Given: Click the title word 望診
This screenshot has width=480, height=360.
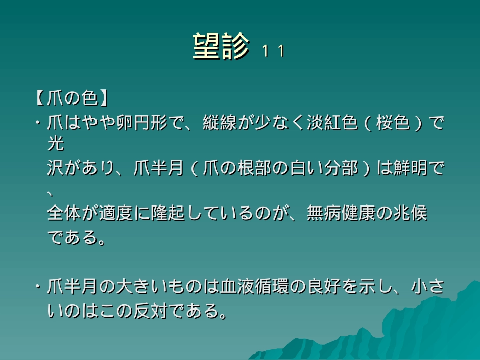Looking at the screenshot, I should click(221, 47).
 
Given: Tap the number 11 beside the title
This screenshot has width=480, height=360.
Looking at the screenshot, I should click(273, 52).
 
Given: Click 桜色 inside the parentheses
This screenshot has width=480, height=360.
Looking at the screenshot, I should click(394, 124).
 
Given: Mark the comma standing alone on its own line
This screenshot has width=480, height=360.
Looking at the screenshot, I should click(51, 191).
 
